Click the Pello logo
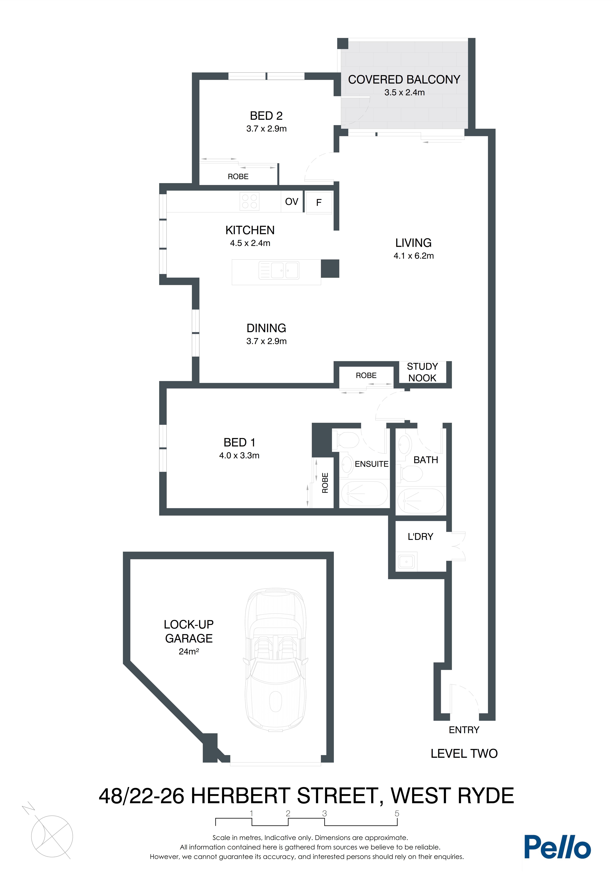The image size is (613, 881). [x=557, y=847]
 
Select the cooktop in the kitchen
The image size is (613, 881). [x=249, y=201]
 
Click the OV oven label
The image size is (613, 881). [x=291, y=201]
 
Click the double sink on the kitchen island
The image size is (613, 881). [x=279, y=270]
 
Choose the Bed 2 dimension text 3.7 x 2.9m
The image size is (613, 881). [x=266, y=129]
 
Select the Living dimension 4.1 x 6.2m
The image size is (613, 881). [x=413, y=256]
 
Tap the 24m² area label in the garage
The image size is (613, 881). [x=188, y=651]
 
